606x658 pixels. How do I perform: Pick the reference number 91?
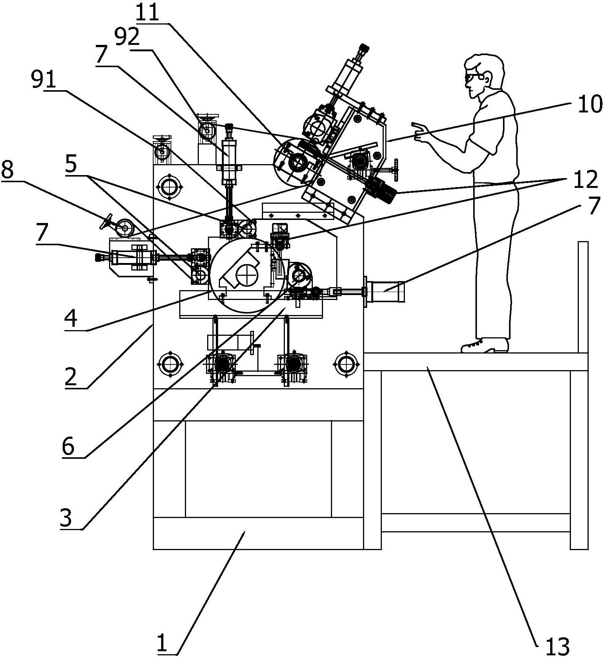tap(43, 80)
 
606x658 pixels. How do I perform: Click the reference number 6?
tap(68, 446)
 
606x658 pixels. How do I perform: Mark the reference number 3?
tap(66, 518)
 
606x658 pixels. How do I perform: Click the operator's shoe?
tap(485, 346)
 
